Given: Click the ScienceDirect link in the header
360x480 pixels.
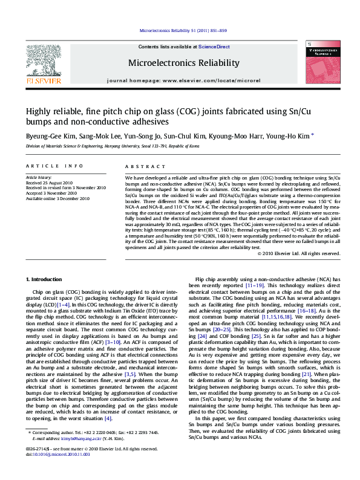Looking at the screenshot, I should (x=214, y=47).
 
